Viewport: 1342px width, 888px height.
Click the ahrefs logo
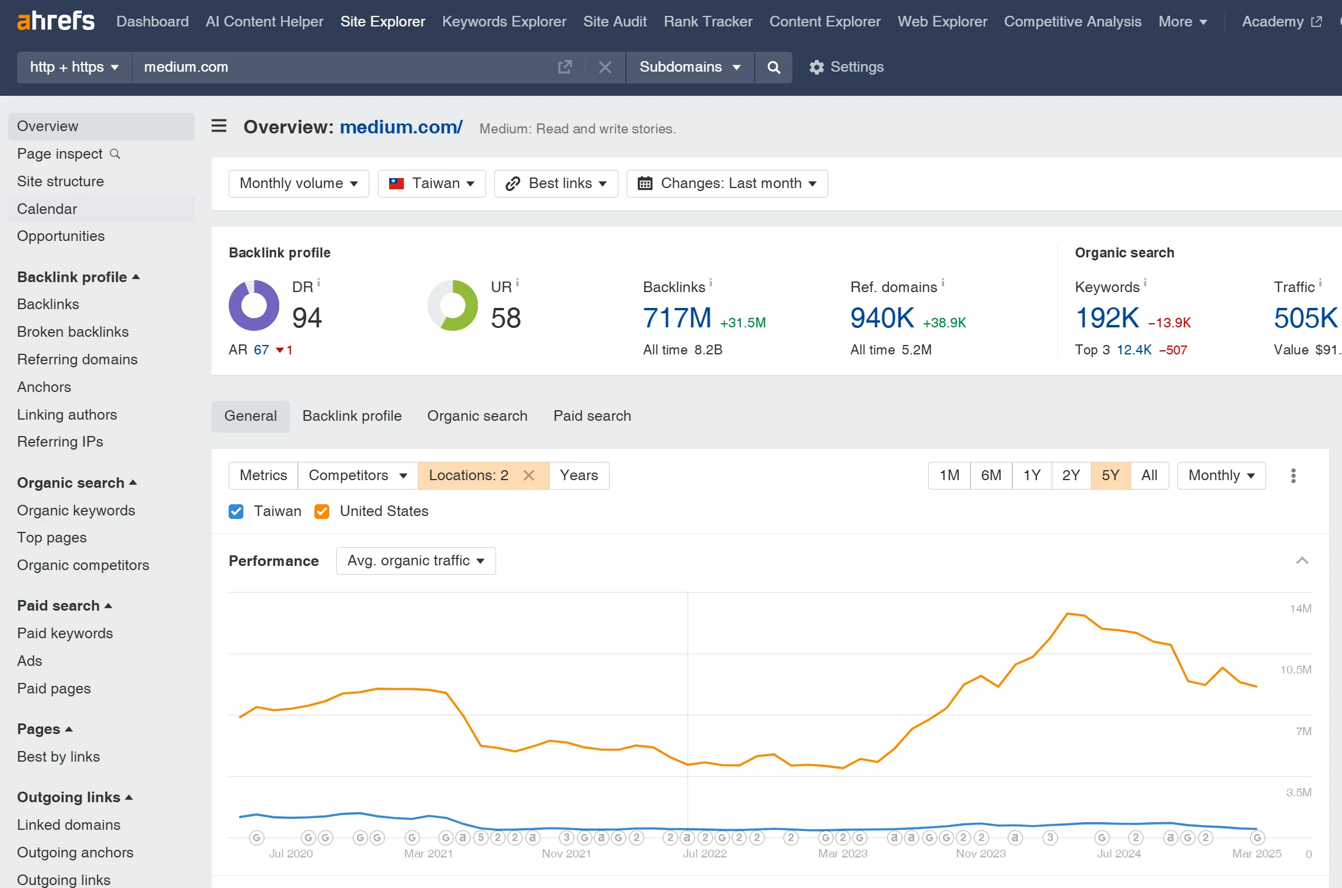coord(56,21)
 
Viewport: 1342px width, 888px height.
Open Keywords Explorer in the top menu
coord(504,22)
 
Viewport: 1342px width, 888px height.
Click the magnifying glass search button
coord(774,67)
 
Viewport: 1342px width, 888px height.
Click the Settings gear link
coord(846,67)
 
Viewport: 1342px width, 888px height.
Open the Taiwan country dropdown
coord(431,183)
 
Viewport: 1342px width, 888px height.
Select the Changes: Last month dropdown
coord(727,183)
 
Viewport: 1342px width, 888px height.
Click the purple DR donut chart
coord(254,306)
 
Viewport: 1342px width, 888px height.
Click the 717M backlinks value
coord(677,318)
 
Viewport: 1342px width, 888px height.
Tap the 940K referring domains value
coord(882,318)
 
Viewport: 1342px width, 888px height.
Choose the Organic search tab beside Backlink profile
coord(477,416)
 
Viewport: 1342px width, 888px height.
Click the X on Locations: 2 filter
coord(529,475)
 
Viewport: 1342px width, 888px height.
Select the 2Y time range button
coord(1070,475)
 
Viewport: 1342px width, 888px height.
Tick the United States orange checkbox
coord(322,511)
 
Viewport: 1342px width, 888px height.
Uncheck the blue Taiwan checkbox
coord(236,511)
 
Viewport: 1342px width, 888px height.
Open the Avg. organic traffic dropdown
coord(416,561)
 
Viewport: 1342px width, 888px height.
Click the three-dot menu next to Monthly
coord(1293,475)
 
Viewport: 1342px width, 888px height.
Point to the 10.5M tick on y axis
coord(1296,670)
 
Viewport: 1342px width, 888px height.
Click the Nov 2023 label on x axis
coord(980,853)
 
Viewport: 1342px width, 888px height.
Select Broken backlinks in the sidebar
coord(73,332)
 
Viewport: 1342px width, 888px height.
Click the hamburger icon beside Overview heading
coord(219,126)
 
